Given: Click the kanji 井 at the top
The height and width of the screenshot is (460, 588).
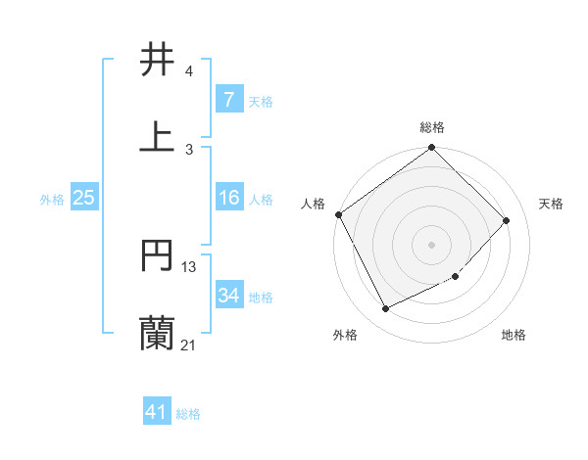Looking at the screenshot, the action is coord(158,60).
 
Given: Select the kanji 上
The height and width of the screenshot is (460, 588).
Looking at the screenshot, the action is coord(158,136).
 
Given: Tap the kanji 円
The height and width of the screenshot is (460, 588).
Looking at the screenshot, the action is coord(158,255).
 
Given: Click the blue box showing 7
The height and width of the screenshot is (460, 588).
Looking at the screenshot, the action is coord(228,100).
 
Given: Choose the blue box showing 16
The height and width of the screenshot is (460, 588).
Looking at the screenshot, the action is coord(228,198).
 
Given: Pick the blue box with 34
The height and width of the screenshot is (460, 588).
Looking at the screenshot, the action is coord(228,296).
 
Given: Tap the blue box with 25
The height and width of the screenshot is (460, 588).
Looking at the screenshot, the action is coord(83,198).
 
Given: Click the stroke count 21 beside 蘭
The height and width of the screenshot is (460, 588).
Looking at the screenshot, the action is coord(188,345).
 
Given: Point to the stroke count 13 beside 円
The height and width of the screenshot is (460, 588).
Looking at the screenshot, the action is coord(189,266).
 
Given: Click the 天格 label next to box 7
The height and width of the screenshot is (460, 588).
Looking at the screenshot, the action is coord(261,101).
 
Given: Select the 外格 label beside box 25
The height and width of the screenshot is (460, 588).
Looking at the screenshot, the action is coord(52,199).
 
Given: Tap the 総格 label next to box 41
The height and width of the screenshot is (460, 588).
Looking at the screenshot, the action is coord(188,414).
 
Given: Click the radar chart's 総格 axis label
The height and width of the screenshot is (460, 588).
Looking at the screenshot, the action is coord(432,127).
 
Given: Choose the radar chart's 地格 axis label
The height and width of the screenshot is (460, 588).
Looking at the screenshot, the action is coord(514,335).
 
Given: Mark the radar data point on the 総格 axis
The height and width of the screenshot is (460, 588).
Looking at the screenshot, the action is coord(432,148).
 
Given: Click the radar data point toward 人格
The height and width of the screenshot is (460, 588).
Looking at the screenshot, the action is coord(339,214).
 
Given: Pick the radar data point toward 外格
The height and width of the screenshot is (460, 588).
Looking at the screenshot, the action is coord(386,309).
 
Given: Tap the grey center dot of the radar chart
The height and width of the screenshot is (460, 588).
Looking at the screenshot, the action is coord(432,244).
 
